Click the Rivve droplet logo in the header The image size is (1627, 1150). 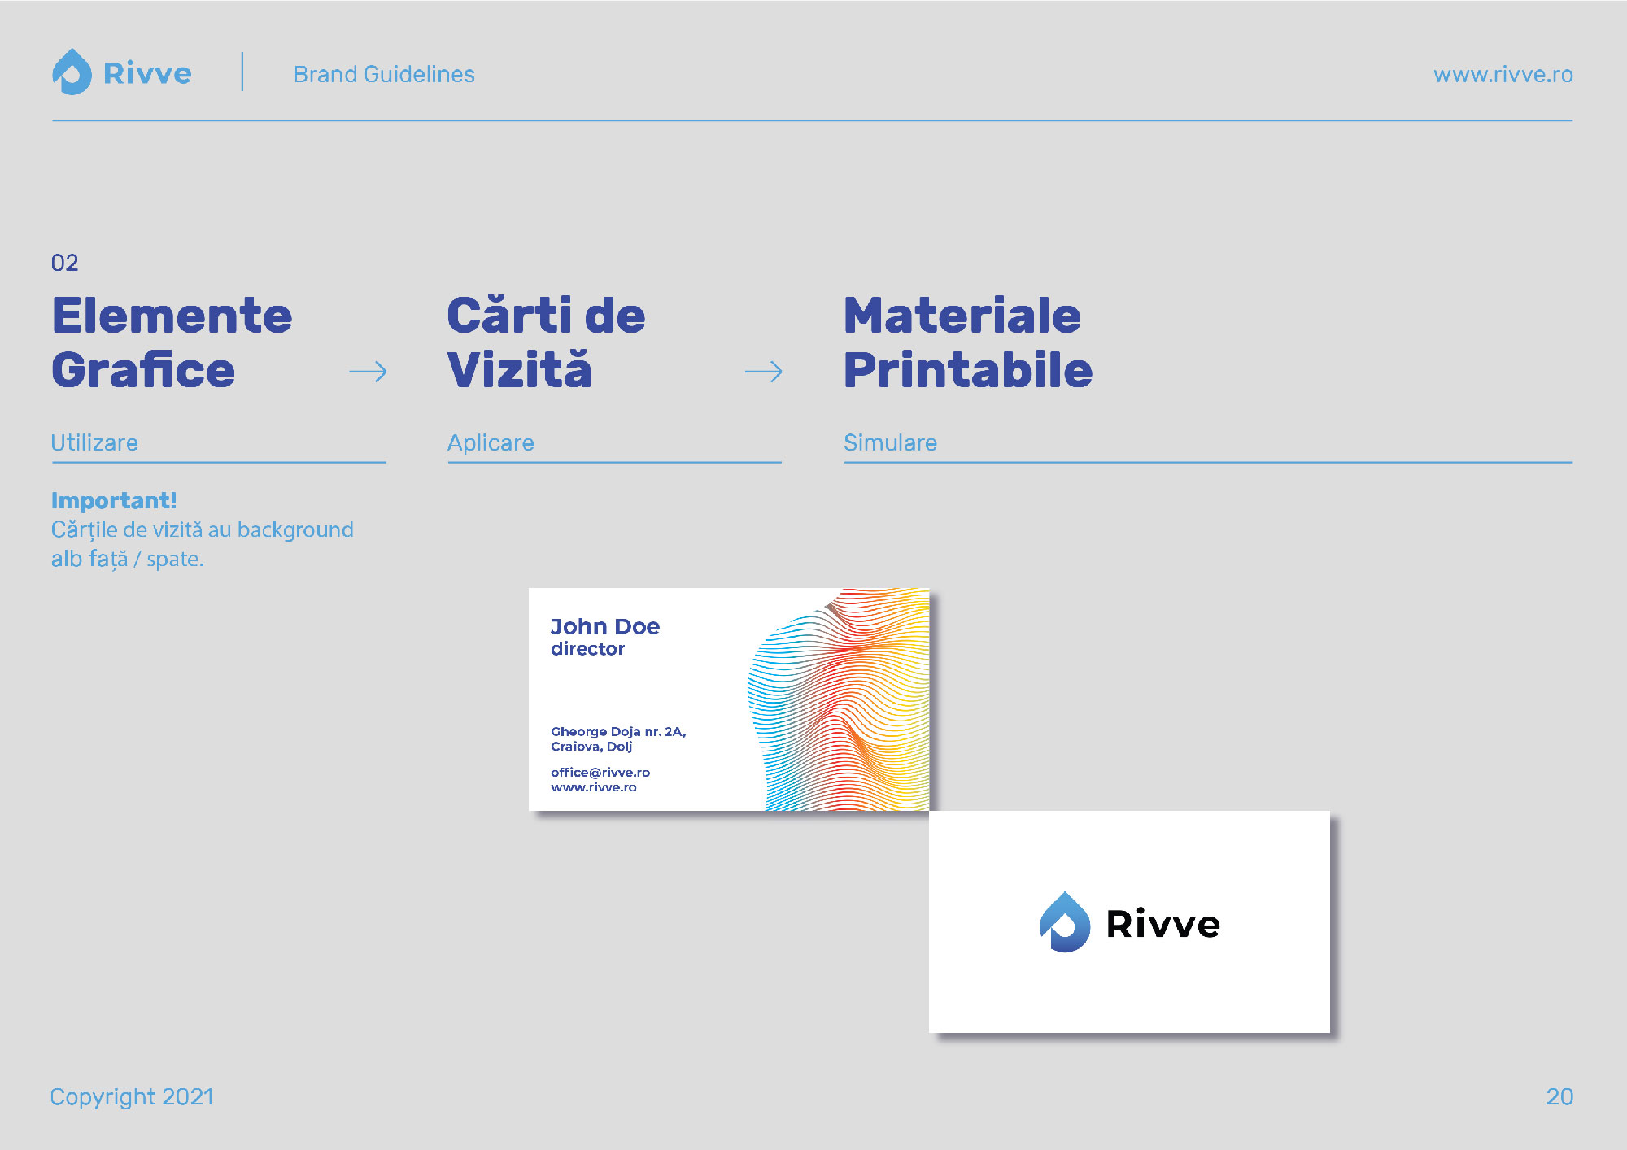(72, 72)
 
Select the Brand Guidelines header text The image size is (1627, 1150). (384, 74)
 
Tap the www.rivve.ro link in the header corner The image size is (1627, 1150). (1503, 74)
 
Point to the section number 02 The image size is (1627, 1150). (64, 263)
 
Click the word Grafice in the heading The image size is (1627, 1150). (143, 370)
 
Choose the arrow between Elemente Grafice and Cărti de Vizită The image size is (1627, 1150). (368, 372)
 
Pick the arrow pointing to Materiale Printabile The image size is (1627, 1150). (763, 372)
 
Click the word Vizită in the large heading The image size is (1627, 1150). (519, 368)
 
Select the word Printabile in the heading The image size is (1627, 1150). (968, 370)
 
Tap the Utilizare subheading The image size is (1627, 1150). (94, 442)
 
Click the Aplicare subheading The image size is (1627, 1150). (491, 442)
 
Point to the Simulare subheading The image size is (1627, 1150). (890, 442)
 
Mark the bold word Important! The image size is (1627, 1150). (114, 500)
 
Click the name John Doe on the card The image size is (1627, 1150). (605, 626)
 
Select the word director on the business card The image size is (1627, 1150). (587, 648)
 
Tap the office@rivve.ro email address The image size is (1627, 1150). (600, 772)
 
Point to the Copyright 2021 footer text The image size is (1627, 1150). (132, 1096)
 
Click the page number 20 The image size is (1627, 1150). (1559, 1096)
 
